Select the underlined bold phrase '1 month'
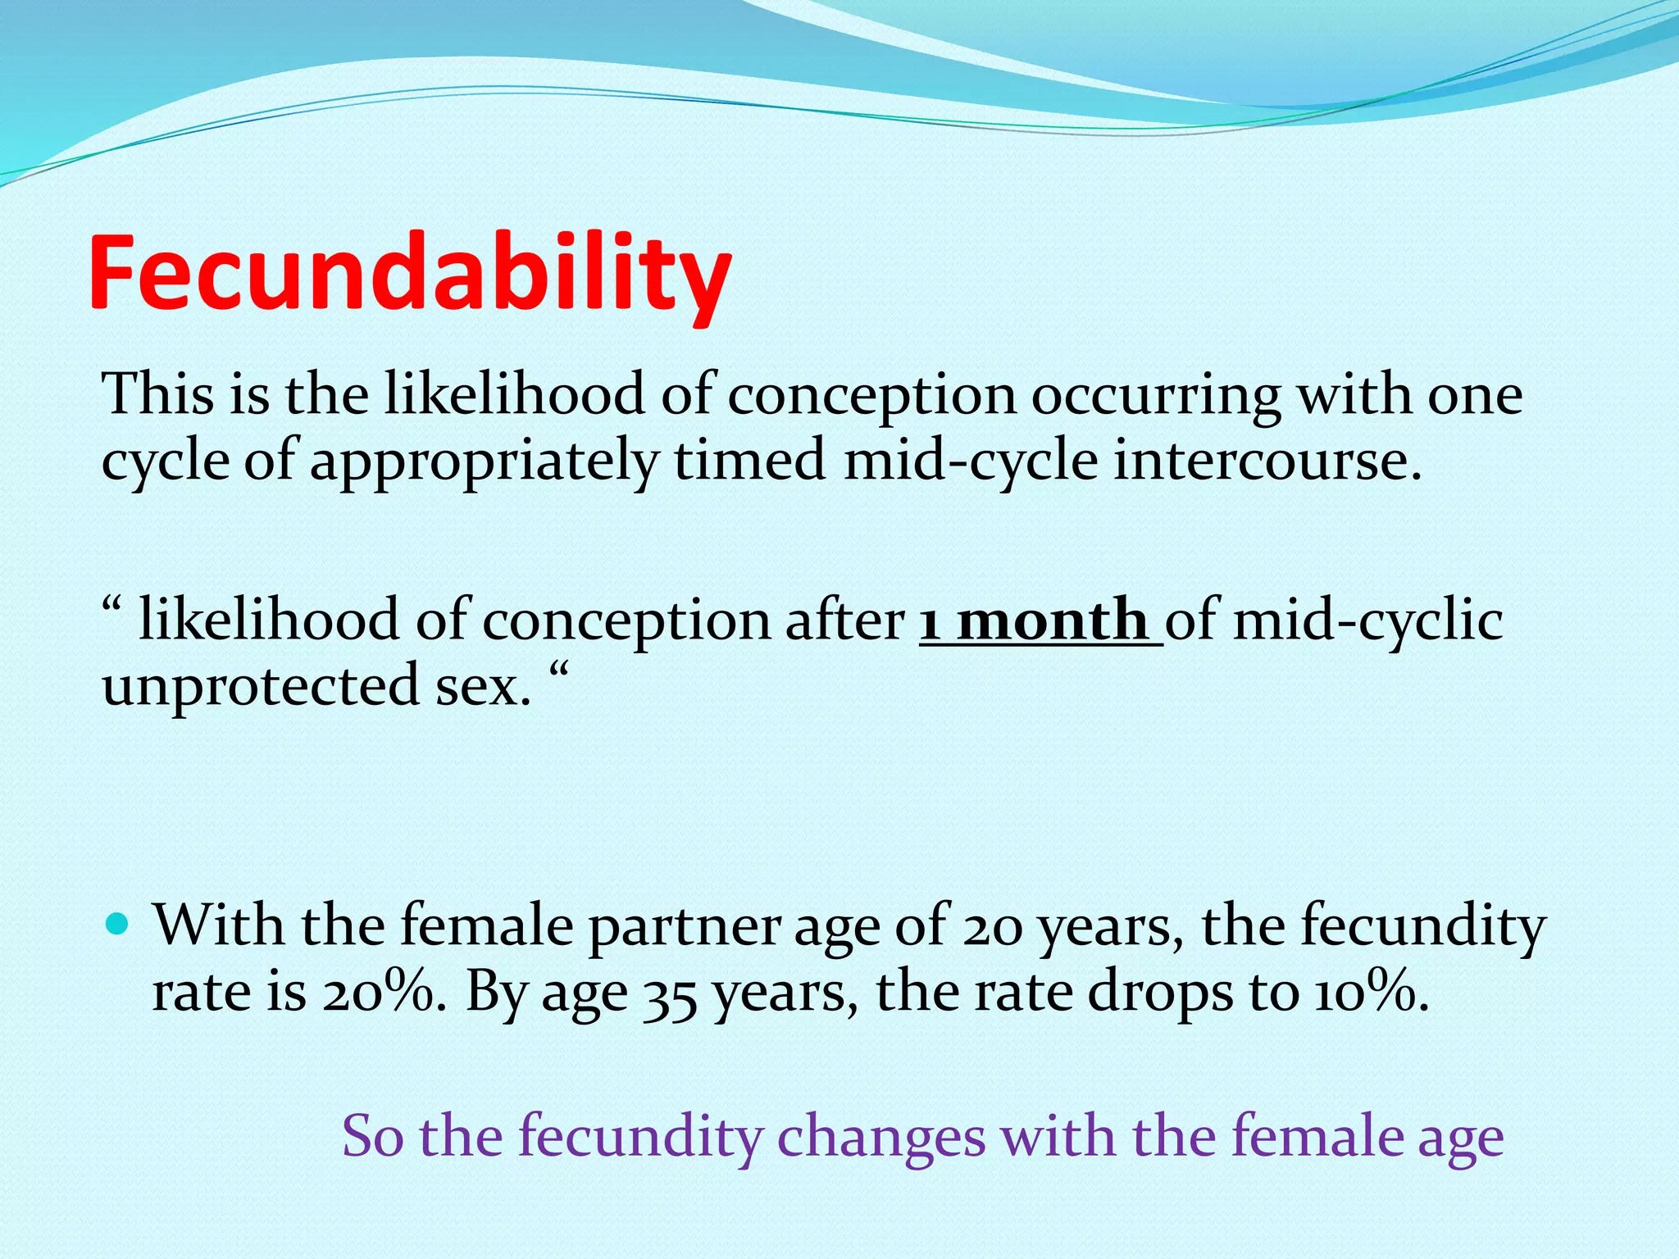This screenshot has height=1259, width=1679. click(1037, 620)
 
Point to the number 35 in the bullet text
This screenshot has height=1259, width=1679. click(669, 993)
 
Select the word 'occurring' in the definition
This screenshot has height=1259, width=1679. click(1155, 396)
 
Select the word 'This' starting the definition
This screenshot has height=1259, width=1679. click(156, 395)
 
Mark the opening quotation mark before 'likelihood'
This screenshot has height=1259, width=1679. click(112, 607)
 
